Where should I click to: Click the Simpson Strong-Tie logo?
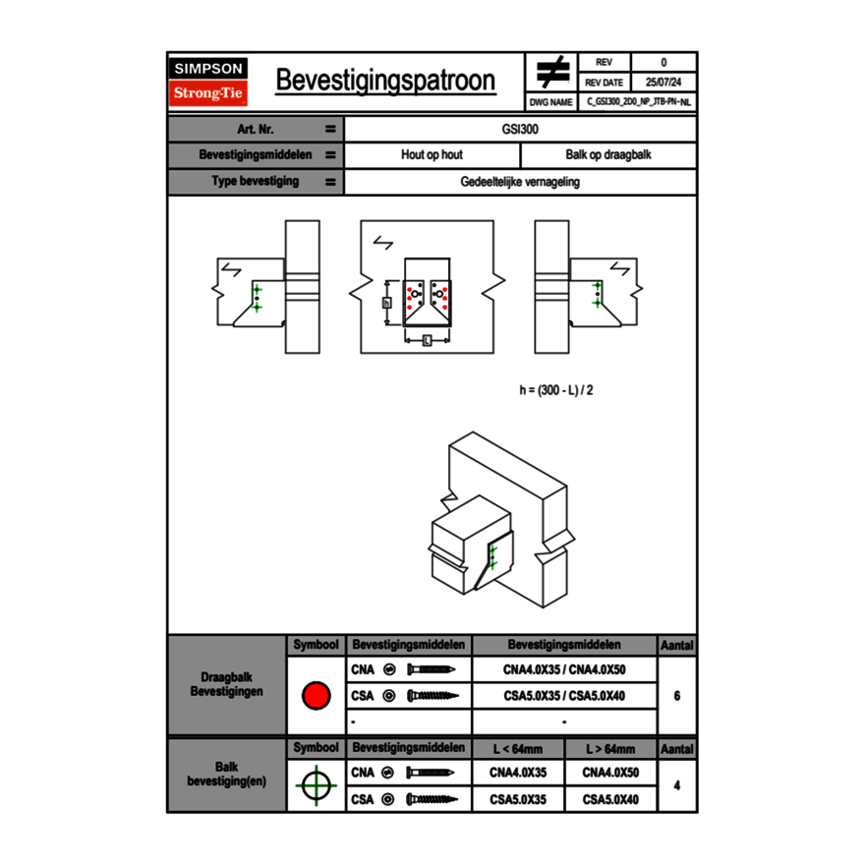click(x=209, y=82)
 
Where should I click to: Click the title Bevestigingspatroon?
click(x=384, y=81)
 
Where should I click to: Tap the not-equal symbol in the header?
click(x=551, y=73)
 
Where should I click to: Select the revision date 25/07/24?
click(x=663, y=82)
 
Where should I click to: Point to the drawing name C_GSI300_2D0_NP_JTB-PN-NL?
click(x=639, y=101)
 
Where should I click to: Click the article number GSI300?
click(x=520, y=129)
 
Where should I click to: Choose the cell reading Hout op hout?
click(x=432, y=155)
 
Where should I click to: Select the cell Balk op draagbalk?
click(x=608, y=155)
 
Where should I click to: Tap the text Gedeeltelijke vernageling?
click(x=520, y=182)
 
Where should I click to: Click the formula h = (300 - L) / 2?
click(x=556, y=390)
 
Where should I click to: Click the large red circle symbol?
click(x=315, y=696)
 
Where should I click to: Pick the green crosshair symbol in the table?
click(x=315, y=785)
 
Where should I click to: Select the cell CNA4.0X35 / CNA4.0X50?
click(x=564, y=669)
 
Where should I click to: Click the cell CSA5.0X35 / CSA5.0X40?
click(x=564, y=696)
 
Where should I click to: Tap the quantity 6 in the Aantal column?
click(x=677, y=696)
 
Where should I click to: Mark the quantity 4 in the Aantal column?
click(x=677, y=785)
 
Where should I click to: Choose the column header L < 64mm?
click(x=518, y=749)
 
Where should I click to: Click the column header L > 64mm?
click(x=610, y=749)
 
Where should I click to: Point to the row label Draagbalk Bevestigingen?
click(x=226, y=685)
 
